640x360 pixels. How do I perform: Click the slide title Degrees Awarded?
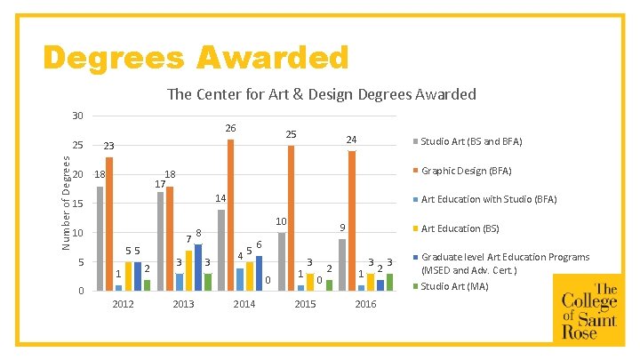click(196, 58)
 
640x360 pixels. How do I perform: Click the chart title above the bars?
click(321, 94)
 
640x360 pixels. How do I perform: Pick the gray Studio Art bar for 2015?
click(281, 261)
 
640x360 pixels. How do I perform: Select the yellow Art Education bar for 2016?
click(371, 282)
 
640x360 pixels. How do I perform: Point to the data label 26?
click(230, 129)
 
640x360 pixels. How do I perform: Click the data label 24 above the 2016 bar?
click(352, 140)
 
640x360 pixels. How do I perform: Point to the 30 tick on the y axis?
click(77, 116)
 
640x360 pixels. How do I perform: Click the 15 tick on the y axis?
click(77, 204)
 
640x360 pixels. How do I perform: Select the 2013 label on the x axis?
click(183, 304)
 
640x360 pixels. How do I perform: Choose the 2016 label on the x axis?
click(365, 304)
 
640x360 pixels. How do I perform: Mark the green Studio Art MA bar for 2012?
click(148, 285)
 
